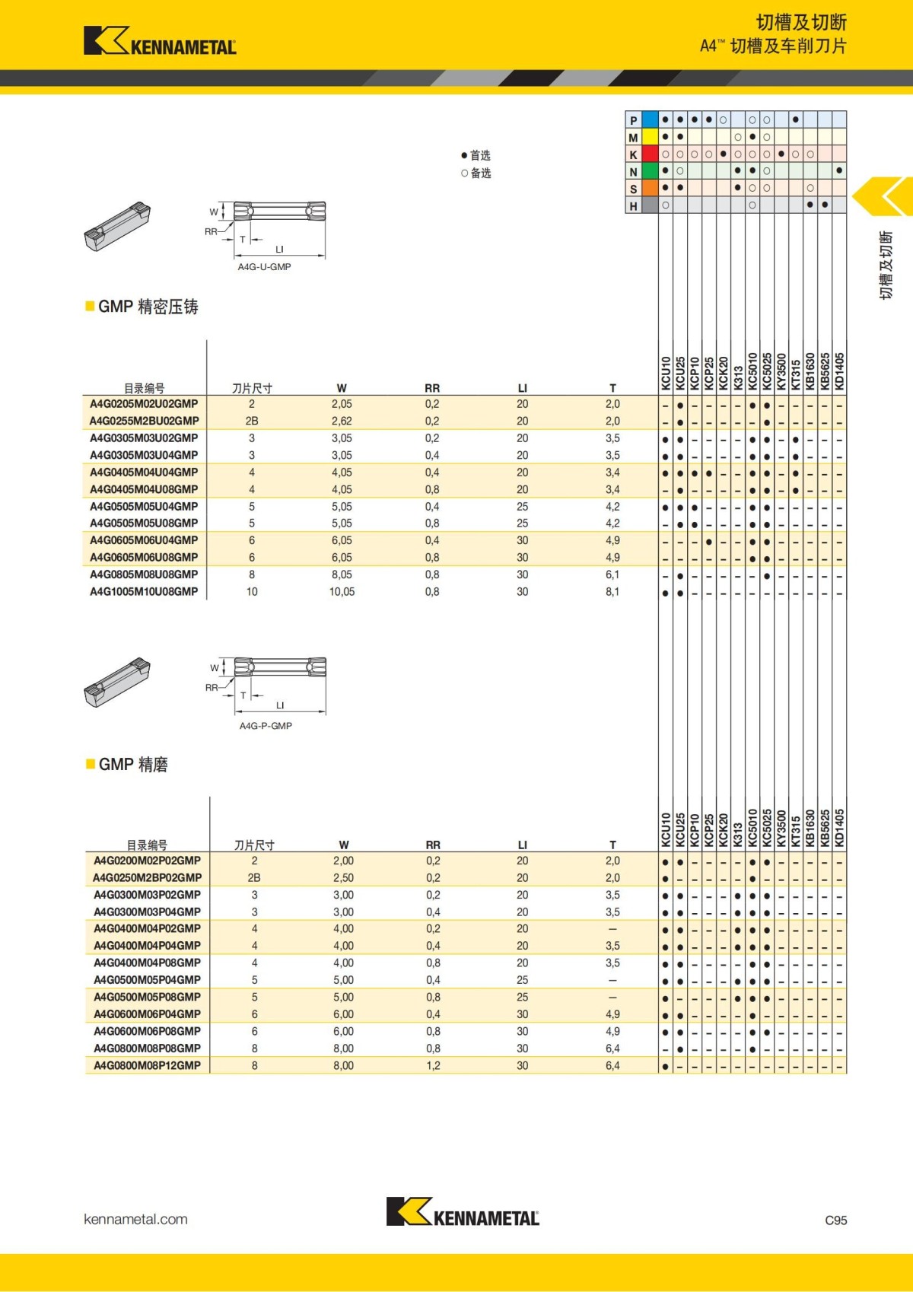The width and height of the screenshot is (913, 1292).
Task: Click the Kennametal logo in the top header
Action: (x=160, y=41)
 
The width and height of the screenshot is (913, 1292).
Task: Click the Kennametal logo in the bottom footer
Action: (x=463, y=1211)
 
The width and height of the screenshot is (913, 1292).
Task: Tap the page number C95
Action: (x=835, y=1220)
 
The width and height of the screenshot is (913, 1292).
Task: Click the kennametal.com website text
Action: (x=135, y=1219)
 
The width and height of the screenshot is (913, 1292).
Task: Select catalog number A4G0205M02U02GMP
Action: (x=144, y=404)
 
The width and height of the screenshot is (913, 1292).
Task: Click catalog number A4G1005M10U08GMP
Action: (x=144, y=591)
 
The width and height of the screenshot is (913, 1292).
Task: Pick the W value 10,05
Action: (x=342, y=591)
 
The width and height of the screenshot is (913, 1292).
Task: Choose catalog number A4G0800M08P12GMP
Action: (x=147, y=1065)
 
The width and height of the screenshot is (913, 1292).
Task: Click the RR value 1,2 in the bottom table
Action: (x=433, y=1065)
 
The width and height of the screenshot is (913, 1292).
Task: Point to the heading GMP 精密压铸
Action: (x=148, y=307)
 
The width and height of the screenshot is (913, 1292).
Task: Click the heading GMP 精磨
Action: (x=132, y=765)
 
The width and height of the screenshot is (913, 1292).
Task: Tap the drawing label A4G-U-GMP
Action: (x=264, y=267)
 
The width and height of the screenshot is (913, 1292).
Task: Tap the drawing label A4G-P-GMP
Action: (x=266, y=726)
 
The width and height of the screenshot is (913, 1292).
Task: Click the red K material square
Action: (x=650, y=154)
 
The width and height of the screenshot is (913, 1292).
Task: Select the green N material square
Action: (x=650, y=172)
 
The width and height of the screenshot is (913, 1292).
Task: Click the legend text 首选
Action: (x=480, y=155)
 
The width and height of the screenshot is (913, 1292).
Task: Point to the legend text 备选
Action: (x=480, y=173)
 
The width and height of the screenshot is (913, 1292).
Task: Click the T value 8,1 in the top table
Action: (x=612, y=591)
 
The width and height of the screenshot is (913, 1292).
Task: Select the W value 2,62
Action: (x=342, y=421)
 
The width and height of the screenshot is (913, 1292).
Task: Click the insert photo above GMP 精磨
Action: (x=117, y=681)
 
